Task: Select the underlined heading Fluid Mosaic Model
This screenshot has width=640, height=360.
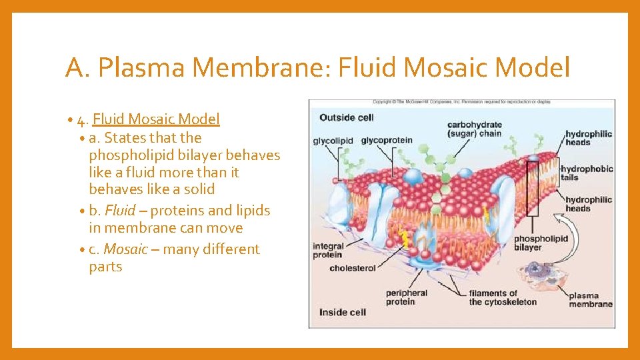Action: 156,119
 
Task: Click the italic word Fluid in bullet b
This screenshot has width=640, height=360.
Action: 120,211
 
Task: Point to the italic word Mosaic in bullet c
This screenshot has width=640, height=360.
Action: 125,249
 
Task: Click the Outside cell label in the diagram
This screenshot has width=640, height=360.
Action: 347,117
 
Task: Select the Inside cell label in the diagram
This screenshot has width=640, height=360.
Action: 343,312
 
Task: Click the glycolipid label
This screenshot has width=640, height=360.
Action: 333,141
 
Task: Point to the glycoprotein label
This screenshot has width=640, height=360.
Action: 387,141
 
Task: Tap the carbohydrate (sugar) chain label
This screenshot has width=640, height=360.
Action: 474,129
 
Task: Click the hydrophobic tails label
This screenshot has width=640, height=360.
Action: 587,173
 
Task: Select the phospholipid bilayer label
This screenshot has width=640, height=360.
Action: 541,243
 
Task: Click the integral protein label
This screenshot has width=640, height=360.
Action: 328,250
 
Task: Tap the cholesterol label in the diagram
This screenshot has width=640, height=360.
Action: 353,268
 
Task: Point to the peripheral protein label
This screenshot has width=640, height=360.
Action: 407,297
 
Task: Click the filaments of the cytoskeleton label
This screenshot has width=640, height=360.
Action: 502,297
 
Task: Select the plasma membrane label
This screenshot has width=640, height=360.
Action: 590,299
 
